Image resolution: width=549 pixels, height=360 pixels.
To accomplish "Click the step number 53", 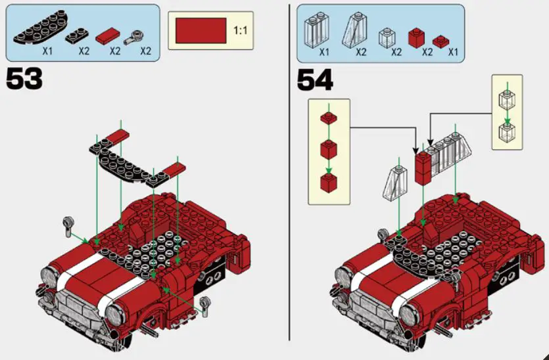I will [x=24, y=79].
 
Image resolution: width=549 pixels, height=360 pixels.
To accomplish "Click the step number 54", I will [x=315, y=79].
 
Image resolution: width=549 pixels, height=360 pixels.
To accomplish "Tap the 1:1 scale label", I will [x=241, y=30].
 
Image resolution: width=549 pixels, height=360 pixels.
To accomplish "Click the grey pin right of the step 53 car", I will [x=208, y=304].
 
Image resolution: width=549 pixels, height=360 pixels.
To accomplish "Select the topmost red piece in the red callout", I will [x=328, y=119].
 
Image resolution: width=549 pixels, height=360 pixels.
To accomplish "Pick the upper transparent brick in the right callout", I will [x=506, y=99].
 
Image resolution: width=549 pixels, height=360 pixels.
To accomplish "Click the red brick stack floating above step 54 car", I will [x=422, y=168].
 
